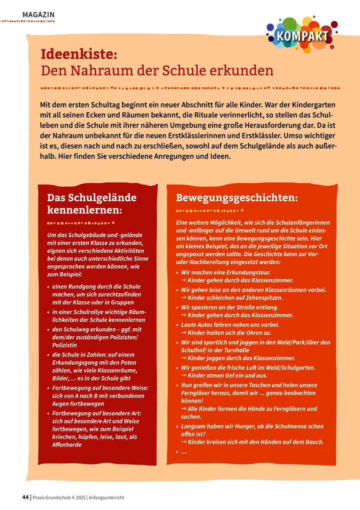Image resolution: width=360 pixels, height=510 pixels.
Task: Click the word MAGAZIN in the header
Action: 38,15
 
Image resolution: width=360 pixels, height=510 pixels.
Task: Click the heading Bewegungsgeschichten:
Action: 237,198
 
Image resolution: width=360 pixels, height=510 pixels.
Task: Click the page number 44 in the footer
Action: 25,497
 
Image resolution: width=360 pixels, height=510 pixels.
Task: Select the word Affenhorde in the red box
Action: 67,444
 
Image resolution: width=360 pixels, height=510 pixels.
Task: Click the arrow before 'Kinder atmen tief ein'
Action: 183,375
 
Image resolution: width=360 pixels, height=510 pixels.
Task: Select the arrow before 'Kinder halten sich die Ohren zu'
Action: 183,333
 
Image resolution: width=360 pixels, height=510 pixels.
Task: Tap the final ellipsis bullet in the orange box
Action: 183,452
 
